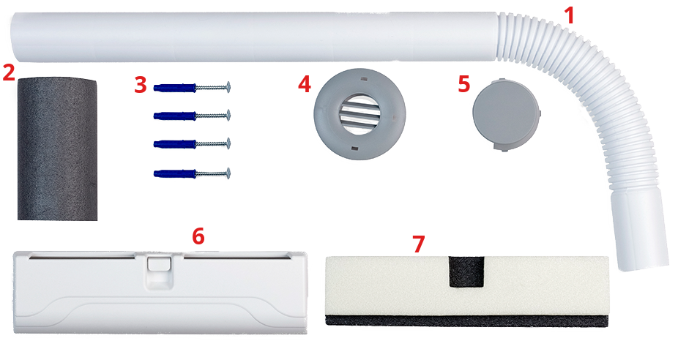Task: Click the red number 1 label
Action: [x=570, y=16]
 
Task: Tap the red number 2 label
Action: [x=9, y=72]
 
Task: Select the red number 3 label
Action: [x=141, y=85]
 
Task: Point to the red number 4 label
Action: [x=305, y=84]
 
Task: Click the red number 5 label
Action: [x=464, y=84]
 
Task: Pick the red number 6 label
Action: [x=198, y=236]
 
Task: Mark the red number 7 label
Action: [x=419, y=244]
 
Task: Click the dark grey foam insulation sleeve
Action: [x=57, y=149]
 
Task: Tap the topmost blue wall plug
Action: [x=175, y=88]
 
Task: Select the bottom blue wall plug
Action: [x=175, y=173]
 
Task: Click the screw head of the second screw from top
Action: [x=228, y=115]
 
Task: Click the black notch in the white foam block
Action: [x=466, y=271]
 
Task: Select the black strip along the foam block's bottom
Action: [x=466, y=320]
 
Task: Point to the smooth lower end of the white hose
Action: [x=638, y=232]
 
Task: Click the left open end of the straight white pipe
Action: [x=15, y=37]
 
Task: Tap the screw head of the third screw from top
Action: [x=228, y=143]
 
